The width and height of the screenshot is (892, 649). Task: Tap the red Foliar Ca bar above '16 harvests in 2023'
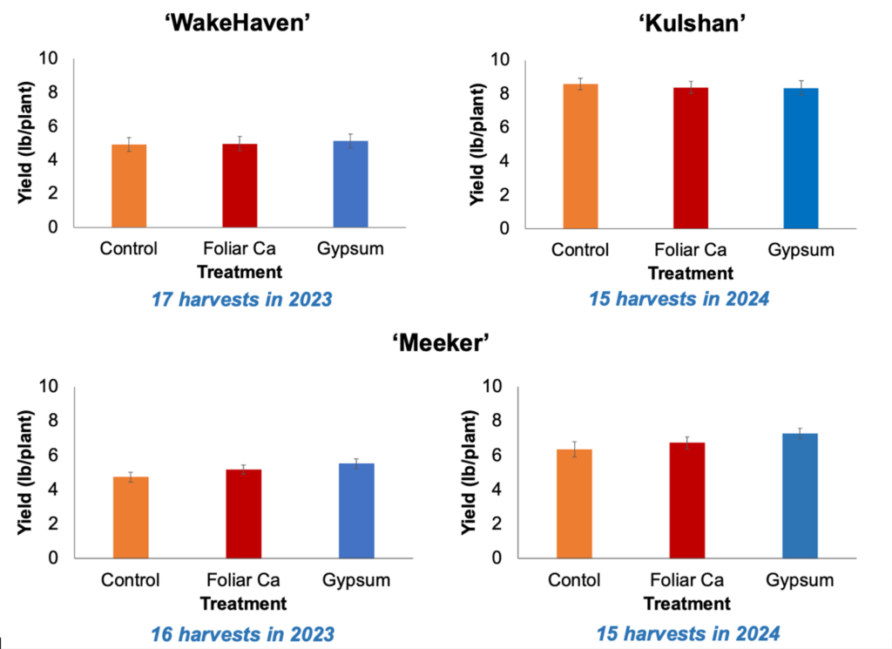(x=243, y=514)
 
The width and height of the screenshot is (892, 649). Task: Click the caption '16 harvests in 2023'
(x=241, y=633)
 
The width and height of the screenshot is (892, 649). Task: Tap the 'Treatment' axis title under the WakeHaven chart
(x=239, y=272)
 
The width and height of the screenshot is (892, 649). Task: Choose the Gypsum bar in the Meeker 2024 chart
(x=800, y=496)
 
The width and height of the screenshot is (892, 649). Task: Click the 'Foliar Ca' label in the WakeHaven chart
(x=240, y=248)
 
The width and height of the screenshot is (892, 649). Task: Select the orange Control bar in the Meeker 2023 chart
(x=131, y=517)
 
